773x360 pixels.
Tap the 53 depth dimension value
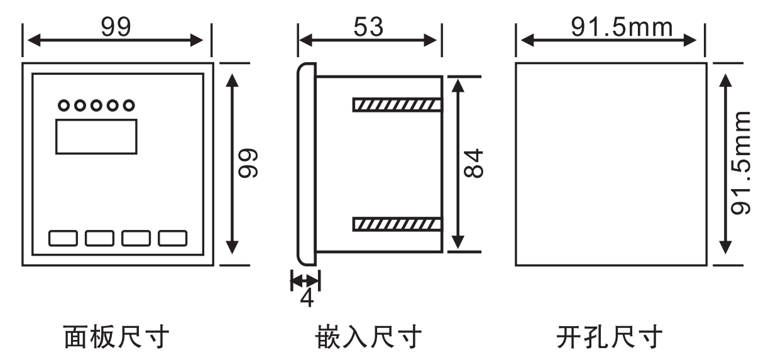pos(368,27)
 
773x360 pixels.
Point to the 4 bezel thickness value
pos(306,297)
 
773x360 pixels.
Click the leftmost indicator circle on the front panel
pos(63,105)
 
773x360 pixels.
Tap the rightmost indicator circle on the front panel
pos(128,105)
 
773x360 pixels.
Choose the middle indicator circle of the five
pos(96,105)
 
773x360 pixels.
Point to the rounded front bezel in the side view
pos(306,163)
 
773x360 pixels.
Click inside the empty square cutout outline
pos(609,163)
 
